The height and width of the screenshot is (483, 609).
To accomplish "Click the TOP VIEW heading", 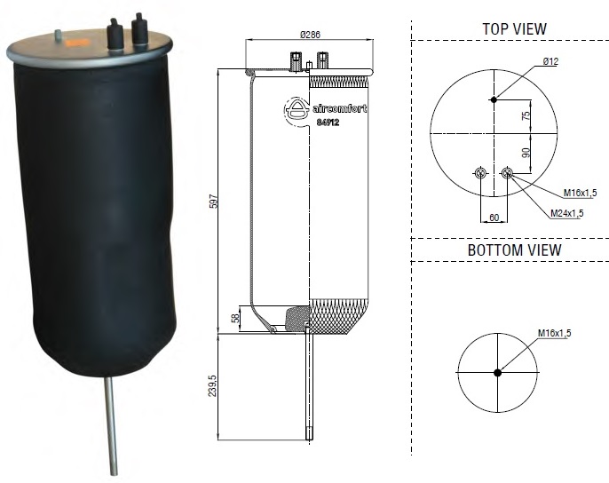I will point(514,28).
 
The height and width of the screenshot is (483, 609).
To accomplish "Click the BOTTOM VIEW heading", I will point(514,250).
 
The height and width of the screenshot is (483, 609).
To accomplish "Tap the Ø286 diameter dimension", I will point(310,35).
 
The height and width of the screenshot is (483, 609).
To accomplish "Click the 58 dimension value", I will point(235,318).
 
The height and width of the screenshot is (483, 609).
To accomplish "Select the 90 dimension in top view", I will point(526,153).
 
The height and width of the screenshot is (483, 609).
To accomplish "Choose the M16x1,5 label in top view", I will point(579,192).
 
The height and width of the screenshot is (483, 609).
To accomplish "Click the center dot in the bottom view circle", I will point(497,372).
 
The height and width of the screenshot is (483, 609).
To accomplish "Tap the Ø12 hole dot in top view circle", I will point(494,99).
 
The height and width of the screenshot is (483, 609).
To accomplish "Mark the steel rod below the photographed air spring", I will point(113,426).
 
